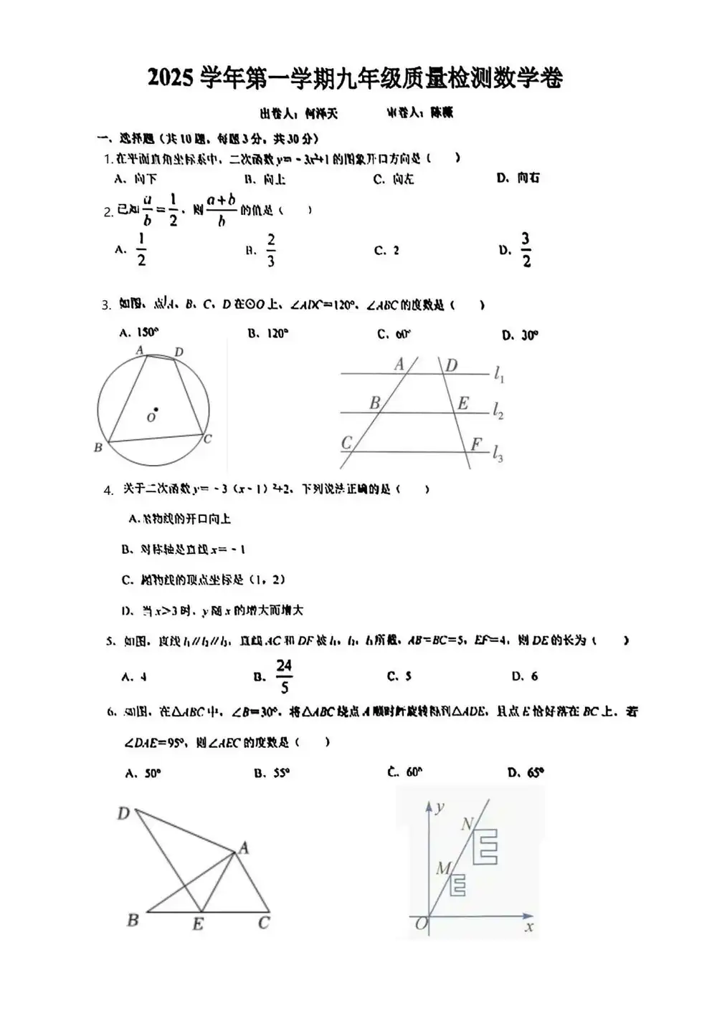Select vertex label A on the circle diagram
[141, 350]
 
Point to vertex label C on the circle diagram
[208, 439]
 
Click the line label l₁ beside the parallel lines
[499, 374]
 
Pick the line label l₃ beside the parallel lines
[498, 453]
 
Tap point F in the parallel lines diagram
[476, 444]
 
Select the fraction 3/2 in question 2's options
[526, 249]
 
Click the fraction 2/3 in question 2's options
[271, 250]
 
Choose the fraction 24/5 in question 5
[284, 676]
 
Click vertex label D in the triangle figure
[123, 813]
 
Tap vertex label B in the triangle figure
[133, 920]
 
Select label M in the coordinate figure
[443, 868]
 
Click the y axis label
[440, 807]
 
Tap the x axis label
[529, 927]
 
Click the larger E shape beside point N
[488, 847]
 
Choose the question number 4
[108, 491]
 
